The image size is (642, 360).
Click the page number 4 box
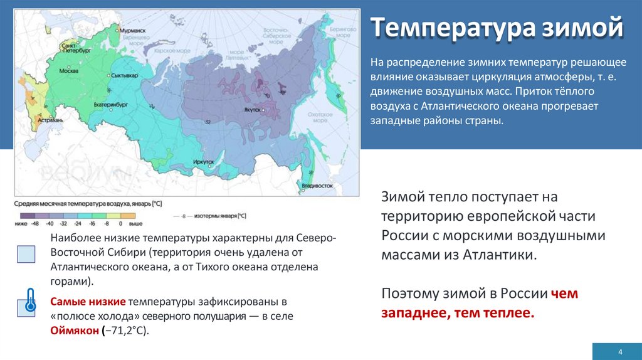619,351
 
